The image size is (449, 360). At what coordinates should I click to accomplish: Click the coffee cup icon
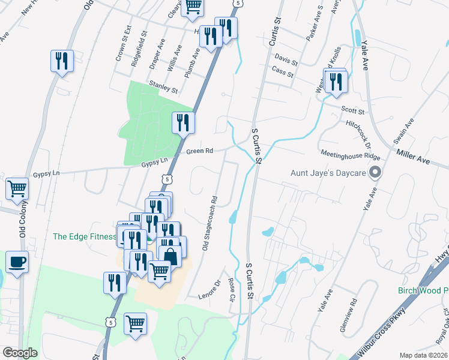click(17, 262)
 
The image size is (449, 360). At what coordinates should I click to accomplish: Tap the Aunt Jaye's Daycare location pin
click(376, 173)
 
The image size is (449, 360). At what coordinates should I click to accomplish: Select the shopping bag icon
click(171, 256)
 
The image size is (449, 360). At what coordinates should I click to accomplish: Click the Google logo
click(20, 353)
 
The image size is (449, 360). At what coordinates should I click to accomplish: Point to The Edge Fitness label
click(84, 236)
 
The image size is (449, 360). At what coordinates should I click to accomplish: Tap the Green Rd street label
click(200, 151)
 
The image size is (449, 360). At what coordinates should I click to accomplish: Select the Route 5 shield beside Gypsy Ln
click(168, 178)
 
